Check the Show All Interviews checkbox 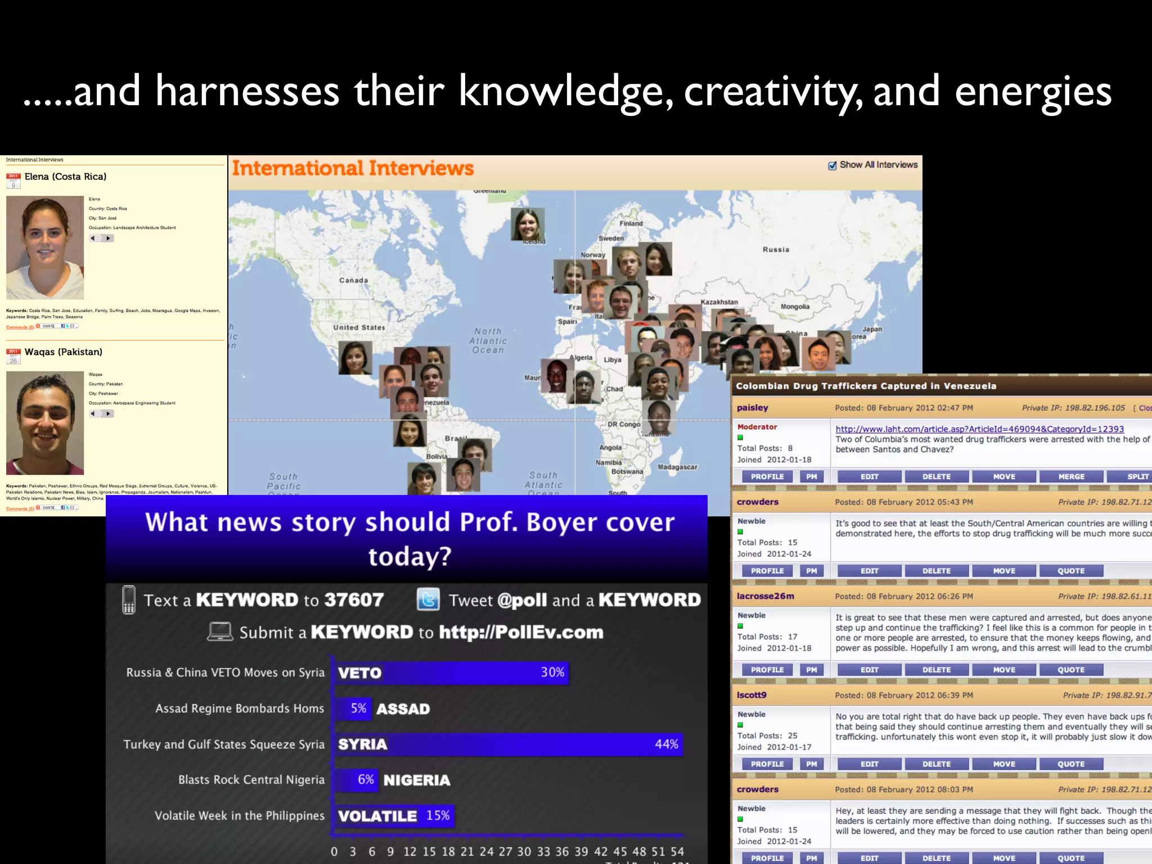point(832,165)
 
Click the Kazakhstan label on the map point(719,302)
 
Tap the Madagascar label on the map point(677,467)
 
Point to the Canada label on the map point(353,280)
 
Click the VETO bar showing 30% point(451,673)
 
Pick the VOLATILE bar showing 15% point(394,816)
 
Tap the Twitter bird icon point(428,600)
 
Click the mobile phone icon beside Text point(129,600)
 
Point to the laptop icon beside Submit point(220,632)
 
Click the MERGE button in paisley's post point(1071,476)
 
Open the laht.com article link point(979,429)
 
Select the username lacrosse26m point(765,596)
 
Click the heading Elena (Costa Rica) point(65,177)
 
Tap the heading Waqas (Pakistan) point(63,352)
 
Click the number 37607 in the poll point(354,600)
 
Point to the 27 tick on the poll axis point(505,852)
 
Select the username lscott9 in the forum point(751,695)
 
